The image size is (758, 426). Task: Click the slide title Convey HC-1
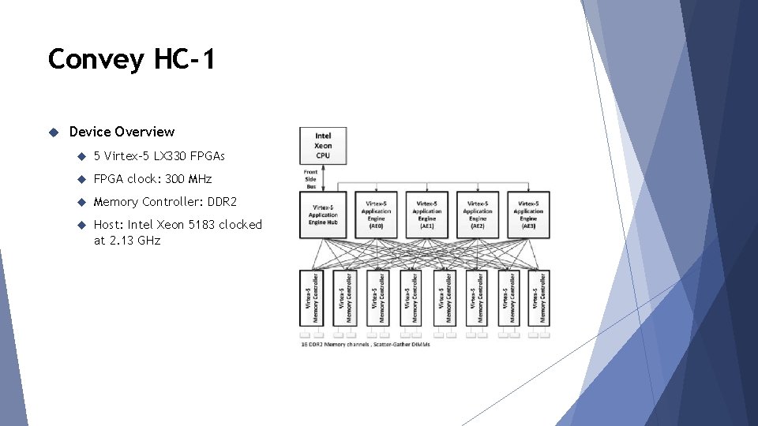point(131,59)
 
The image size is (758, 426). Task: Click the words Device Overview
point(122,132)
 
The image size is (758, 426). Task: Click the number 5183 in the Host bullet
point(201,225)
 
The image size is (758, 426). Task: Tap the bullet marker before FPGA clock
point(81,179)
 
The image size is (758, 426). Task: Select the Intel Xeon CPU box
point(323,145)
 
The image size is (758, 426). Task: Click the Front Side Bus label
point(311,178)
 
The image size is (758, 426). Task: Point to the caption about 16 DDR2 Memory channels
point(369,345)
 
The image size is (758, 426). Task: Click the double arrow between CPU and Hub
point(323,178)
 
